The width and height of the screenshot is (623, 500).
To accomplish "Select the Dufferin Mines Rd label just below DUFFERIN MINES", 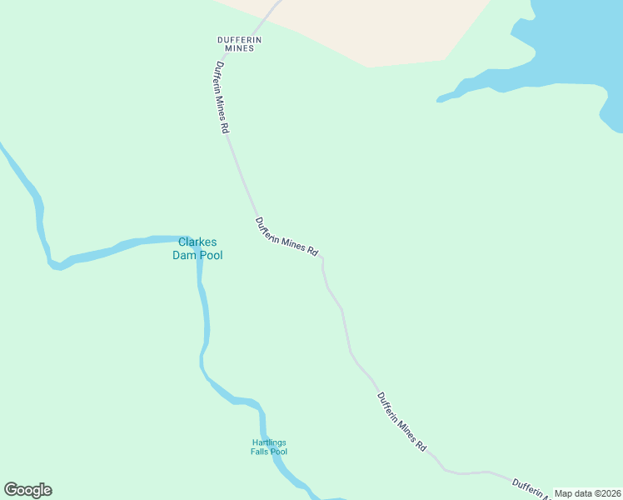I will pyautogui.click(x=222, y=97).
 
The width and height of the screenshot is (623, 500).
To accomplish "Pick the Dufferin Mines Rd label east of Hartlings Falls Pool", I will pyautogui.click(x=401, y=422).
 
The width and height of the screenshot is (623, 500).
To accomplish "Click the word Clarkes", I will pyautogui.click(x=197, y=242).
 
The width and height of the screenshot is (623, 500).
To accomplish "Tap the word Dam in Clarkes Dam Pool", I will pyautogui.click(x=183, y=255).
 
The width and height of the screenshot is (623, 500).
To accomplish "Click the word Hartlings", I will pyautogui.click(x=269, y=442).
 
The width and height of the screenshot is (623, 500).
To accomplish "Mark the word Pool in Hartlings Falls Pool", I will pyautogui.click(x=279, y=452).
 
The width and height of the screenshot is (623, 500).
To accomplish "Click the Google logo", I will pyautogui.click(x=27, y=490).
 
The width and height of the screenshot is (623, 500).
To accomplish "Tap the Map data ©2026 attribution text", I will pyautogui.click(x=587, y=493).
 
